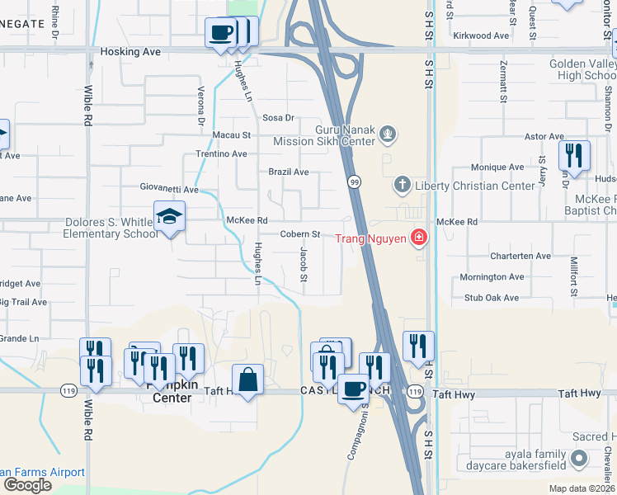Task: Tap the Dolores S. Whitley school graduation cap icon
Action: click(169, 217)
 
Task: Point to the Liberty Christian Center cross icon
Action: click(402, 185)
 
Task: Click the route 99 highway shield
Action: click(354, 181)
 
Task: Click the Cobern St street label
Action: click(299, 234)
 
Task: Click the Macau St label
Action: click(231, 134)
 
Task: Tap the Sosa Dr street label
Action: click(278, 118)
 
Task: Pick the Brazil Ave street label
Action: click(289, 172)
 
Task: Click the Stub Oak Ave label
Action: click(492, 298)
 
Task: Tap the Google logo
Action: click(27, 485)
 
